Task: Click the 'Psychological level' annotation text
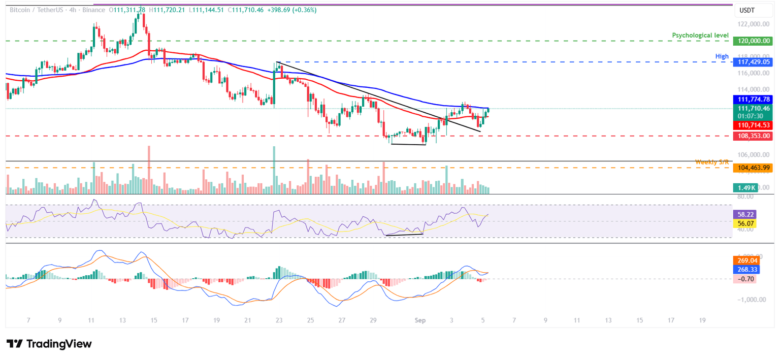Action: click(x=700, y=35)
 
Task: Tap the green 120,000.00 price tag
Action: click(x=752, y=41)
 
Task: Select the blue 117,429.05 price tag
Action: click(x=752, y=62)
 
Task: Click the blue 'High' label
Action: click(x=722, y=56)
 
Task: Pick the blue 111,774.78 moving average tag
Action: click(x=752, y=100)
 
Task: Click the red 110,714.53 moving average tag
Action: click(x=752, y=124)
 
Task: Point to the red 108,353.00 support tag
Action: click(x=752, y=136)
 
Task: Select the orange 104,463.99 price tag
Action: click(x=752, y=168)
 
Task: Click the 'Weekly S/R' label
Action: click(x=712, y=162)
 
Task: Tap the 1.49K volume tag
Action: click(x=745, y=187)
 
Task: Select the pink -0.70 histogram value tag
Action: click(x=745, y=279)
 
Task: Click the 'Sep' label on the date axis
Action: click(x=420, y=321)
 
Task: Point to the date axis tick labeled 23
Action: click(x=279, y=321)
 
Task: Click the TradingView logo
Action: click(x=49, y=344)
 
